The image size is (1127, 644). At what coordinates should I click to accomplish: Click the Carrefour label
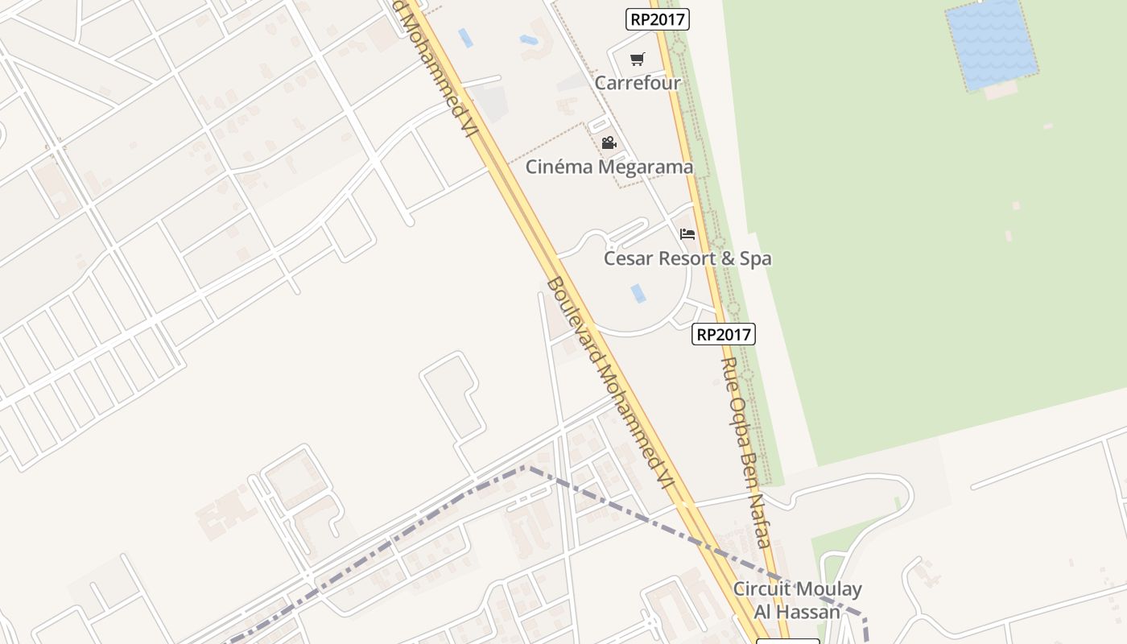pyautogui.click(x=638, y=83)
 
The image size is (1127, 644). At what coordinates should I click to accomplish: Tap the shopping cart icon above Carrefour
pyautogui.click(x=638, y=59)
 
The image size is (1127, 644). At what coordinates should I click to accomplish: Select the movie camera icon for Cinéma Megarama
pyautogui.click(x=609, y=142)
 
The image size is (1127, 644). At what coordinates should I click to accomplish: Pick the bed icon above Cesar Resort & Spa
pyautogui.click(x=687, y=234)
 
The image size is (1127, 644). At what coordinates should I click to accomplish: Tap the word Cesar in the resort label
pyautogui.click(x=628, y=258)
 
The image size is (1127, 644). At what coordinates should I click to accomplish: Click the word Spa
pyautogui.click(x=756, y=258)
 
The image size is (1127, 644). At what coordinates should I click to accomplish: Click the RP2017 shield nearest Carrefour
pyautogui.click(x=658, y=19)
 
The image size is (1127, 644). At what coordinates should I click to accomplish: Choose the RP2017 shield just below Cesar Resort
pyautogui.click(x=723, y=334)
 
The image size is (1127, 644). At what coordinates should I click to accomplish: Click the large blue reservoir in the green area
pyautogui.click(x=991, y=44)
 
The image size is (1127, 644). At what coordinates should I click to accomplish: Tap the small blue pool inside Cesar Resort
pyautogui.click(x=638, y=293)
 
